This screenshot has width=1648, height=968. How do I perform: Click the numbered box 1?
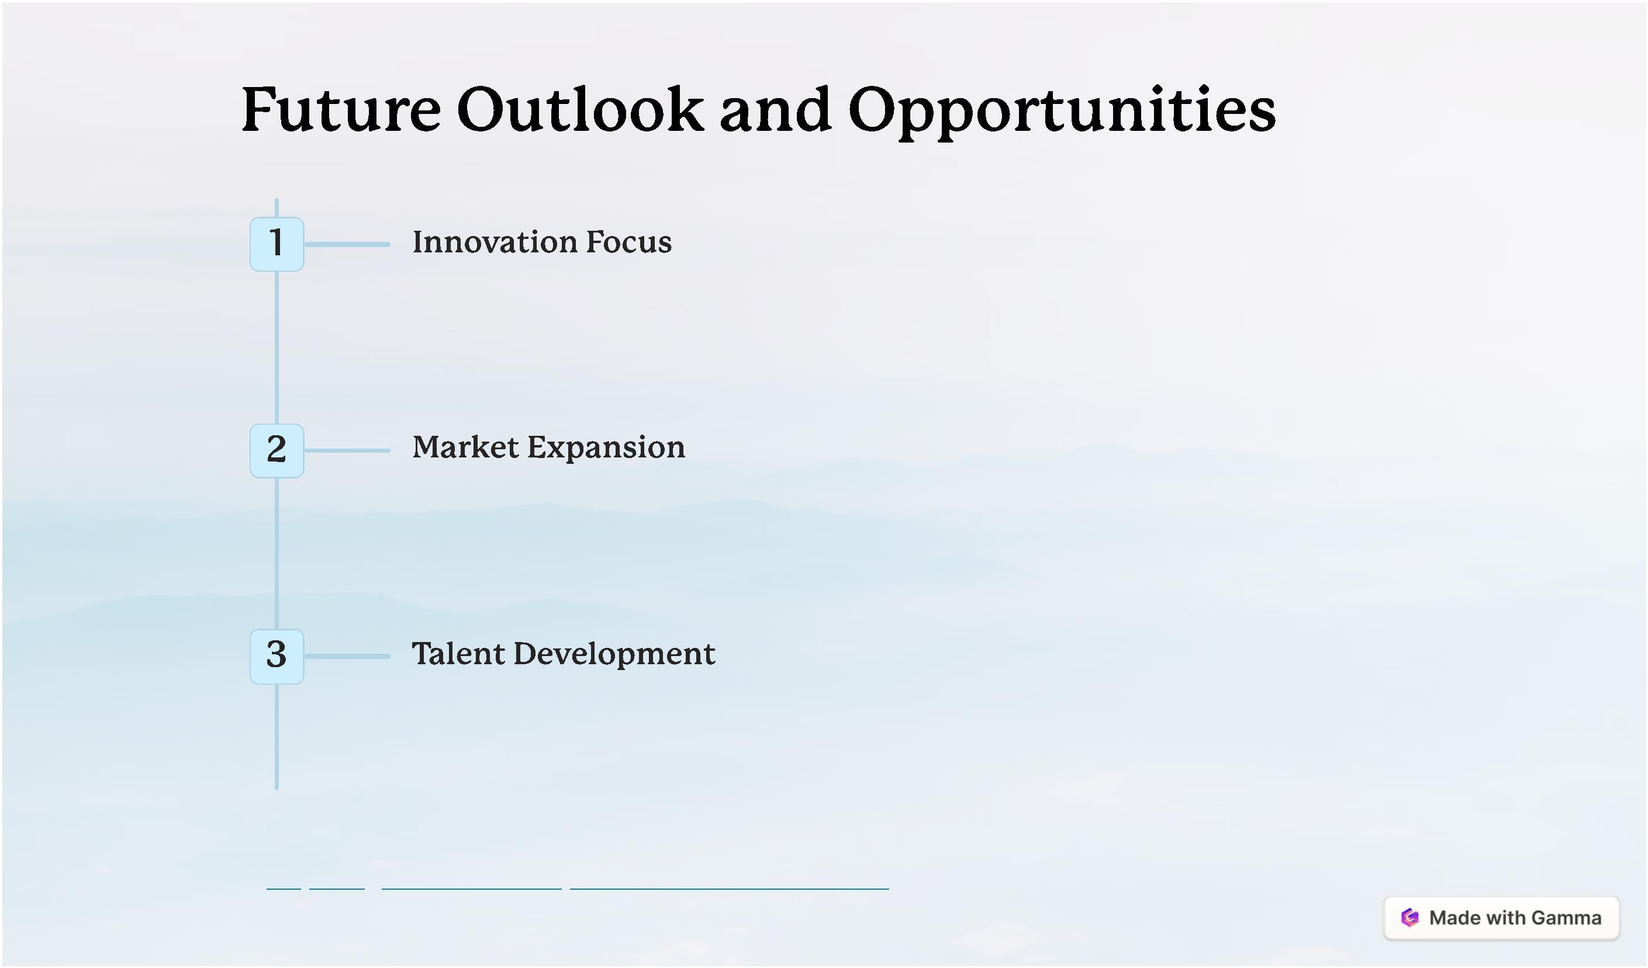point(277,244)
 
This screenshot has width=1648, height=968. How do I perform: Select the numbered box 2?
point(277,450)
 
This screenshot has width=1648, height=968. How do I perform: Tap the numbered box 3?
point(277,656)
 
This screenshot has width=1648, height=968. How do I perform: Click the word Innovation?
point(495,242)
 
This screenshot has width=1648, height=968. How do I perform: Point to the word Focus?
point(628,242)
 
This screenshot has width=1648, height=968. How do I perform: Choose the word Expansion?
point(606,449)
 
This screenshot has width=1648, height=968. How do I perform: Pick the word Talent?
point(458,654)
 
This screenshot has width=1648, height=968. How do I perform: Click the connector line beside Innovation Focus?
point(347,244)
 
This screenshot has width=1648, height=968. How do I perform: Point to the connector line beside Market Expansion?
point(347,450)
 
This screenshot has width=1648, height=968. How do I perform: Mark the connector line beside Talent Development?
point(347,656)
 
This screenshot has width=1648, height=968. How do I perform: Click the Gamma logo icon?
point(1410,918)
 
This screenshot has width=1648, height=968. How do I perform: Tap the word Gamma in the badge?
point(1566,918)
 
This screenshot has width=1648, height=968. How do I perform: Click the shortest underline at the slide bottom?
point(284,889)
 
